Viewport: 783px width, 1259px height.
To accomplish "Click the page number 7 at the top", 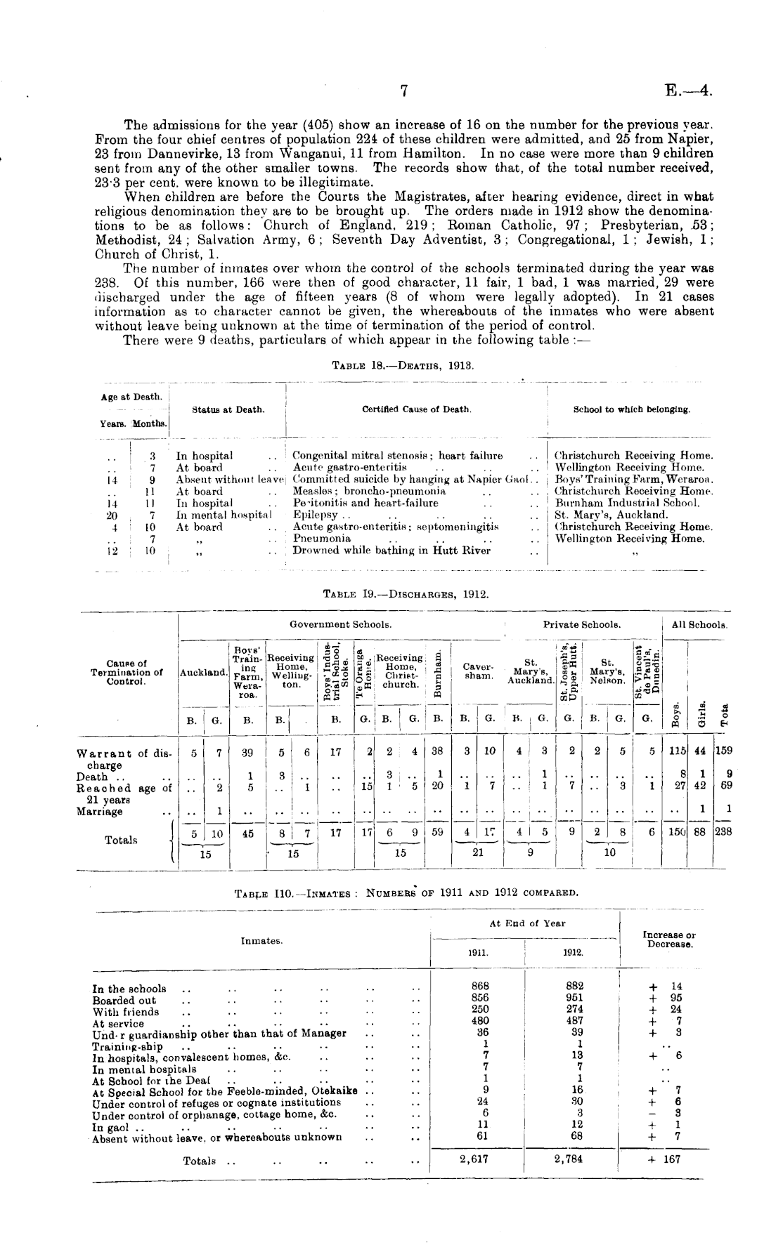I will [x=404, y=91].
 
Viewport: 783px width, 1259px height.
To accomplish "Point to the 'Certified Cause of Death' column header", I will [x=416, y=409].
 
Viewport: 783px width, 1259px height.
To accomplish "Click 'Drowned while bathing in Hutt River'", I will [x=391, y=551].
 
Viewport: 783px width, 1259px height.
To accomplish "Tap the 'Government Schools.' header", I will [x=341, y=624].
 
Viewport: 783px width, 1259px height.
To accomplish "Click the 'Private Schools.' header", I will [x=581, y=624].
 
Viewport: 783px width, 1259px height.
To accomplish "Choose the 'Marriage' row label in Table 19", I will [x=99, y=812].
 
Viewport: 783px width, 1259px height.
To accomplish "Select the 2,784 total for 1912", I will [x=568, y=1160].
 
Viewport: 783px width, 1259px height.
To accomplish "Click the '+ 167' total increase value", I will [x=664, y=1160].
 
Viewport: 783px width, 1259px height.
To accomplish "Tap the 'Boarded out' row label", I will [x=124, y=1001].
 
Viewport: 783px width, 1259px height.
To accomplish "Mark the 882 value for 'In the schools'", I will [x=574, y=986].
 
